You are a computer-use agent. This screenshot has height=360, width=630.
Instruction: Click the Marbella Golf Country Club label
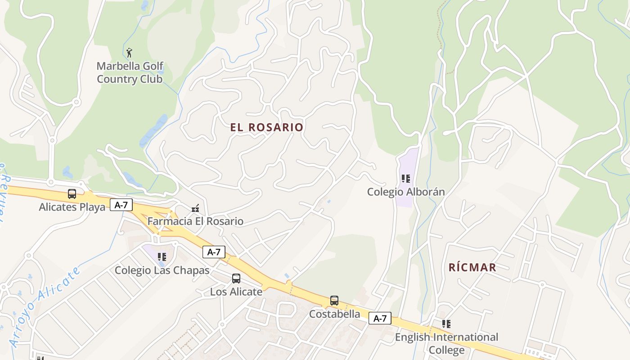point(130,73)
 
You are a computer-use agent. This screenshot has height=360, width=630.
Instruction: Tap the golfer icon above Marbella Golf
point(130,53)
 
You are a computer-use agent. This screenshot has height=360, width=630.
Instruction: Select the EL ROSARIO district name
point(267,127)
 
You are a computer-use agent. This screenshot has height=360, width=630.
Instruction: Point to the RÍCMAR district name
point(472,268)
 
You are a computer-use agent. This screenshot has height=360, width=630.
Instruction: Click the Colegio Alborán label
point(406,192)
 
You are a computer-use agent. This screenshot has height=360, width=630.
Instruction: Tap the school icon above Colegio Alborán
point(406,179)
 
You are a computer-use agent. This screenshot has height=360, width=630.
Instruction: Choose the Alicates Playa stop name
point(72,207)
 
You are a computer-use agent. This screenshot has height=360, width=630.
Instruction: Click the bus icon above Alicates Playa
point(72,194)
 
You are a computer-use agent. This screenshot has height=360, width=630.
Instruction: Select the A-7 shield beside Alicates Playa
point(121,205)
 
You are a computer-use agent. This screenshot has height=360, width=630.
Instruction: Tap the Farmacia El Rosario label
point(195,221)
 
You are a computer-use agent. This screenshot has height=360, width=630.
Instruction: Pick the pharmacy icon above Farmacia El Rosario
point(195,208)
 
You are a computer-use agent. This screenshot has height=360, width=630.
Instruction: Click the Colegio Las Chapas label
point(162,270)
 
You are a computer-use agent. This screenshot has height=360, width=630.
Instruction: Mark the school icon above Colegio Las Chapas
point(162,257)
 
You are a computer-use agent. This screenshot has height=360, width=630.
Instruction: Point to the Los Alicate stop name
point(236,292)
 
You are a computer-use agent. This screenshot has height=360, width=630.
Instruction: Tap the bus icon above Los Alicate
point(236,279)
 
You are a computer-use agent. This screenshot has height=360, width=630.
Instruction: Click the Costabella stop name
point(334,314)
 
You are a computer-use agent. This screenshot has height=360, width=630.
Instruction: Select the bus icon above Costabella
point(334,301)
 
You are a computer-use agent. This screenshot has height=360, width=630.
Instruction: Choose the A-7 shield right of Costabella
point(380,319)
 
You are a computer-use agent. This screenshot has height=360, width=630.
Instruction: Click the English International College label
point(446,343)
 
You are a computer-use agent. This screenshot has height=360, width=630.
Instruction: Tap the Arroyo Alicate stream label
point(45,306)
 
